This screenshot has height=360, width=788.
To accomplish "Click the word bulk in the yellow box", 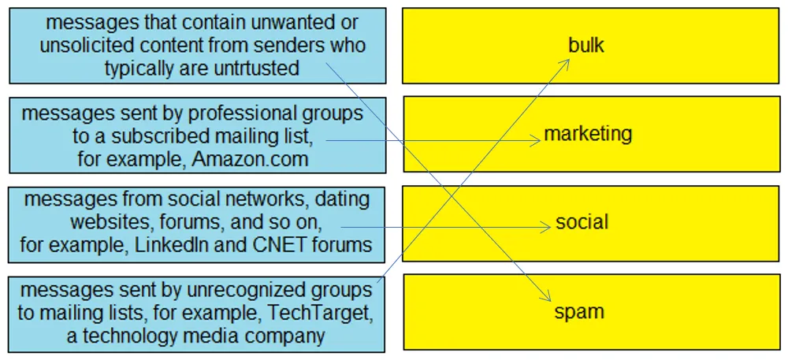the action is tap(586, 45).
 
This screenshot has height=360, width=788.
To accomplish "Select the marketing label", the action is tap(588, 134).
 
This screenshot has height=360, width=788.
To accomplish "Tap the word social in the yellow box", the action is tap(582, 222).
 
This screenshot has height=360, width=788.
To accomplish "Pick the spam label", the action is tap(579, 312).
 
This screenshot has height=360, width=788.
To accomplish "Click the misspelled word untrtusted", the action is tap(254, 68).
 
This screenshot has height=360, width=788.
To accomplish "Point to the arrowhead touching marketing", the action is tap(536, 141).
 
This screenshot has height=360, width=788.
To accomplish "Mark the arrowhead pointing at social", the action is tap(545, 228).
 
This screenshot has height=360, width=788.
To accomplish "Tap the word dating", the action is tap(342, 199).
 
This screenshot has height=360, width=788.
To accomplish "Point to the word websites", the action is tap(105, 222).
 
